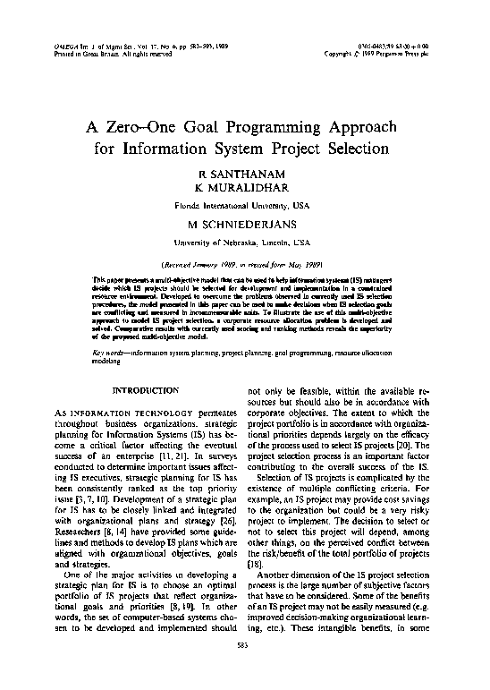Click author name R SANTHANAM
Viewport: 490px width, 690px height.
pyautogui.click(x=244, y=171)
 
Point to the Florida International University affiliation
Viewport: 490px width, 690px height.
pyautogui.click(x=244, y=203)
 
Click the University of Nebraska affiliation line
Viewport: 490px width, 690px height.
pyautogui.click(x=244, y=242)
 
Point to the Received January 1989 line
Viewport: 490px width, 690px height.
pyautogui.click(x=244, y=265)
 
